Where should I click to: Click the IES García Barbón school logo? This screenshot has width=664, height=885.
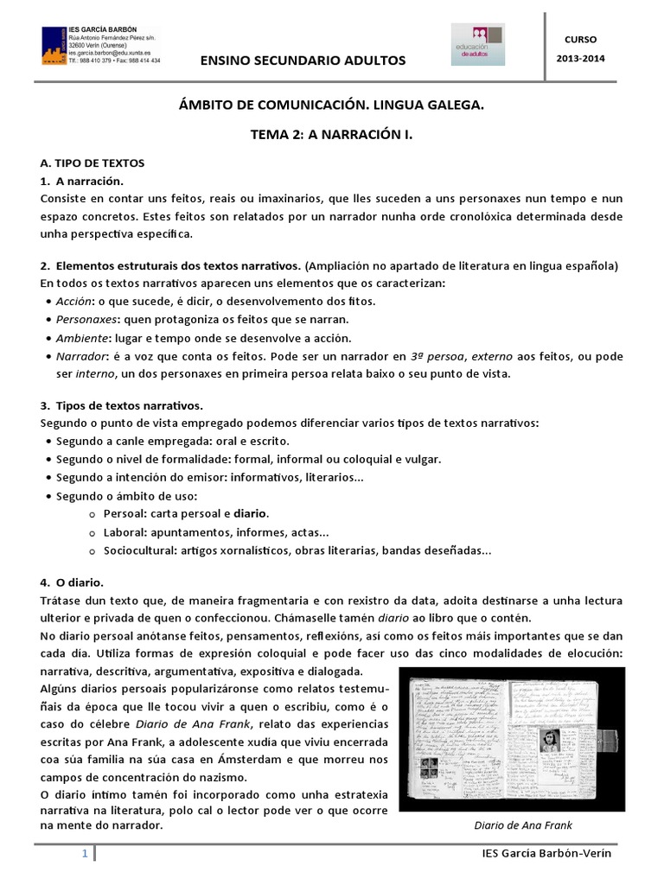click(x=55, y=46)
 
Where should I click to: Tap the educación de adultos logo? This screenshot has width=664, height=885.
click(x=478, y=44)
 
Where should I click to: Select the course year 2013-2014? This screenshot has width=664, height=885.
click(x=580, y=58)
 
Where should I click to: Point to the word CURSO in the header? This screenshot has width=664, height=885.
click(x=580, y=40)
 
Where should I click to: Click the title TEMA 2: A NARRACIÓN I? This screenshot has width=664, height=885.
click(x=331, y=134)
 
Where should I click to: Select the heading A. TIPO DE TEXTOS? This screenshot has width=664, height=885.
click(x=93, y=162)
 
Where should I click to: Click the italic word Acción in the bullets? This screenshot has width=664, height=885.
click(x=73, y=302)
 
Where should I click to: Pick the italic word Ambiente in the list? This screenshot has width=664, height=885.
click(x=80, y=338)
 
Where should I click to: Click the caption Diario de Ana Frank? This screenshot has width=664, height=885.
click(x=523, y=825)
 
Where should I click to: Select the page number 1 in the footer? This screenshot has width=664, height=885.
click(x=85, y=854)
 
